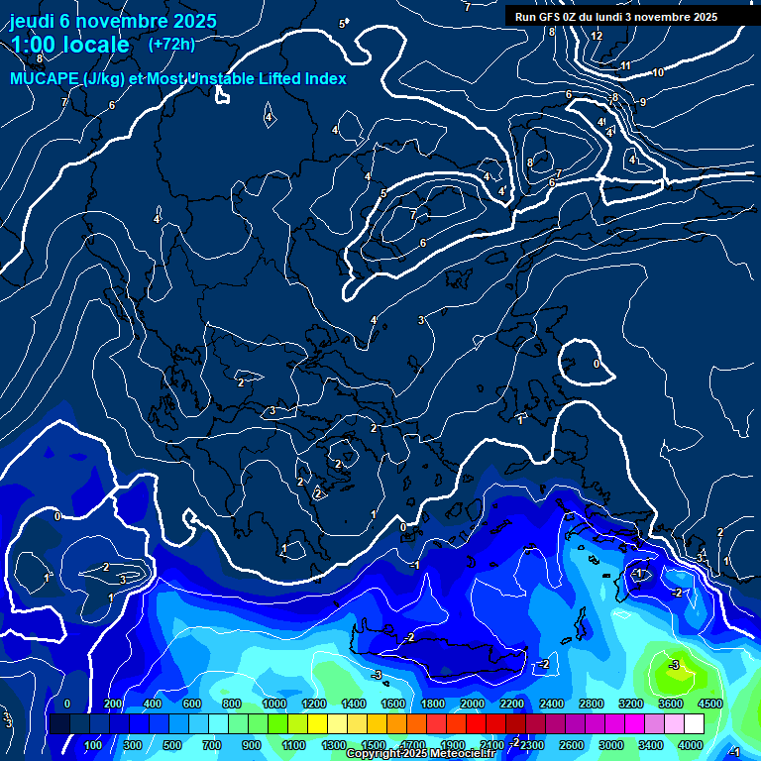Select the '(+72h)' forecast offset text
171,45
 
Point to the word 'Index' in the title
323,79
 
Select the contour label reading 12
597,36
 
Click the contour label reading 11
625,65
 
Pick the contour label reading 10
658,72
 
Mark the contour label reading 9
642,102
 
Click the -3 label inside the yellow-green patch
675,664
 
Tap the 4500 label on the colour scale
709,704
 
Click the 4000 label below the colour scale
691,745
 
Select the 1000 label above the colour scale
274,704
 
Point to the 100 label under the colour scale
94,745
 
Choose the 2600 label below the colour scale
572,745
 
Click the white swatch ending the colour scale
694,724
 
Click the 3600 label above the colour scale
670,704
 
